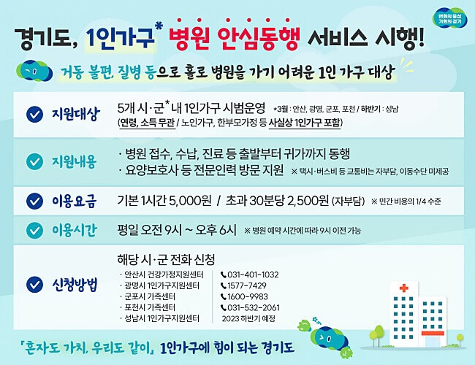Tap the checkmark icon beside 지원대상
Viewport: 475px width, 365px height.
34,114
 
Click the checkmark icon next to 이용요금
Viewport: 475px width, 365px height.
34,200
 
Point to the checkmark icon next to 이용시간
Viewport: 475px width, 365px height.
34,230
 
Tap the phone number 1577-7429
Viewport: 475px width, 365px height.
249,285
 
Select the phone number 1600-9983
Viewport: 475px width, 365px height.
249,296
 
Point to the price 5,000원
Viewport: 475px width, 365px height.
191,200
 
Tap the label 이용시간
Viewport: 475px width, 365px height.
73,230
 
